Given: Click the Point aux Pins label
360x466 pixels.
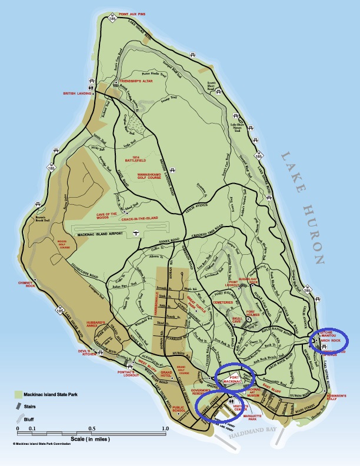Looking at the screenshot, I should [137, 12].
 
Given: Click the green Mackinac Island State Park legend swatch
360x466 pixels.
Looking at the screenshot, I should [19, 392].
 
